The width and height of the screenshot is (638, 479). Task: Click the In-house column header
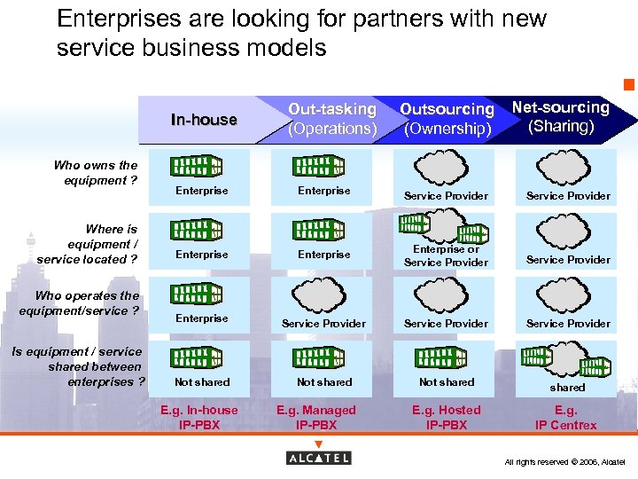tap(204, 120)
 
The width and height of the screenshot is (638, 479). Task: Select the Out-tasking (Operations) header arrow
tap(331, 119)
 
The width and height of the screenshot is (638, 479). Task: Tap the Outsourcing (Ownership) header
tap(447, 119)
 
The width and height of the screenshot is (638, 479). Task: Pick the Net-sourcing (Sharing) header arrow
tap(562, 117)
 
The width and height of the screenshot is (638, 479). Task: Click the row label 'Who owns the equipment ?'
tap(95, 172)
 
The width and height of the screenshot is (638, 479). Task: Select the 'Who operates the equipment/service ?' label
tap(80, 303)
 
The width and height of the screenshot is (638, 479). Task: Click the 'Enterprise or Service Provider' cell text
tap(446, 255)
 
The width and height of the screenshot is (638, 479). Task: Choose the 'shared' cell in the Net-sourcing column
tap(567, 388)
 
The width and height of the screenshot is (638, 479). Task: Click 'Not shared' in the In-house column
tap(202, 382)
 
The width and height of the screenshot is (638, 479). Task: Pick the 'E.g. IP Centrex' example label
tap(565, 418)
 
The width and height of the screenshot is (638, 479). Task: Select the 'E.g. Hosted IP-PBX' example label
tap(447, 418)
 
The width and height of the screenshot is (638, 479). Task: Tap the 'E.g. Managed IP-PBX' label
tap(316, 418)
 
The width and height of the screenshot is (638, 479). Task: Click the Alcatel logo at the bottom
tap(318, 458)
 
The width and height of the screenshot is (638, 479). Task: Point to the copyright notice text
tap(564, 462)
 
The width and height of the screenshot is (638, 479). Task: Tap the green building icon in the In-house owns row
tap(196, 166)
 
